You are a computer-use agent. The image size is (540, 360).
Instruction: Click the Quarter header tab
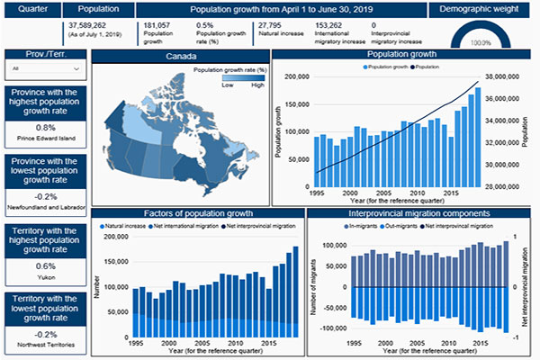point(30,9)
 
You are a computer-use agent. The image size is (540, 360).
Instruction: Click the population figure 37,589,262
point(85,25)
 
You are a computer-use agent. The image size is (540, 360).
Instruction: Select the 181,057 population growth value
point(157,25)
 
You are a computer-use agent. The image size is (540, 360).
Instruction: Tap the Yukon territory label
point(45,276)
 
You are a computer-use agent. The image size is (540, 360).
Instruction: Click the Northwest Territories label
point(45,344)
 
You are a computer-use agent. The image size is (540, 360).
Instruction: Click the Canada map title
point(179,56)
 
